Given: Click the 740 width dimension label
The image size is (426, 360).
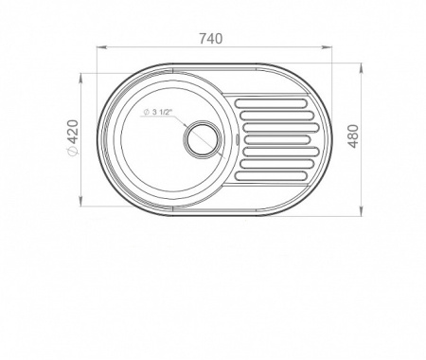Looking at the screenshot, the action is coord(211,39).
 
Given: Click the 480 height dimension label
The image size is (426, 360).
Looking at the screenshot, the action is coord(354,136).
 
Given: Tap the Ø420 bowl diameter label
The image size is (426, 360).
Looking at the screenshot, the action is coord(73,137).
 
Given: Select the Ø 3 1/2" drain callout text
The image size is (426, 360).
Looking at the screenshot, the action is coord(157,112).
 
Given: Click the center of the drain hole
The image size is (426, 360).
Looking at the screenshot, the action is coord(202,138).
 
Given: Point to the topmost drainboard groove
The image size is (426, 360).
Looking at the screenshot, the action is coord(271,103).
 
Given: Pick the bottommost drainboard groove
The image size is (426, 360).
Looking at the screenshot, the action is coord(271,176).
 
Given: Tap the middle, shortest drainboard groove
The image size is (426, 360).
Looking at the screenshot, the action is coord(276,139).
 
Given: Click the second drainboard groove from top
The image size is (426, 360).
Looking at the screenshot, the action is coord(276,116).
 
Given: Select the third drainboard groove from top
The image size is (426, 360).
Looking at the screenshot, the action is coord(281,128).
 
